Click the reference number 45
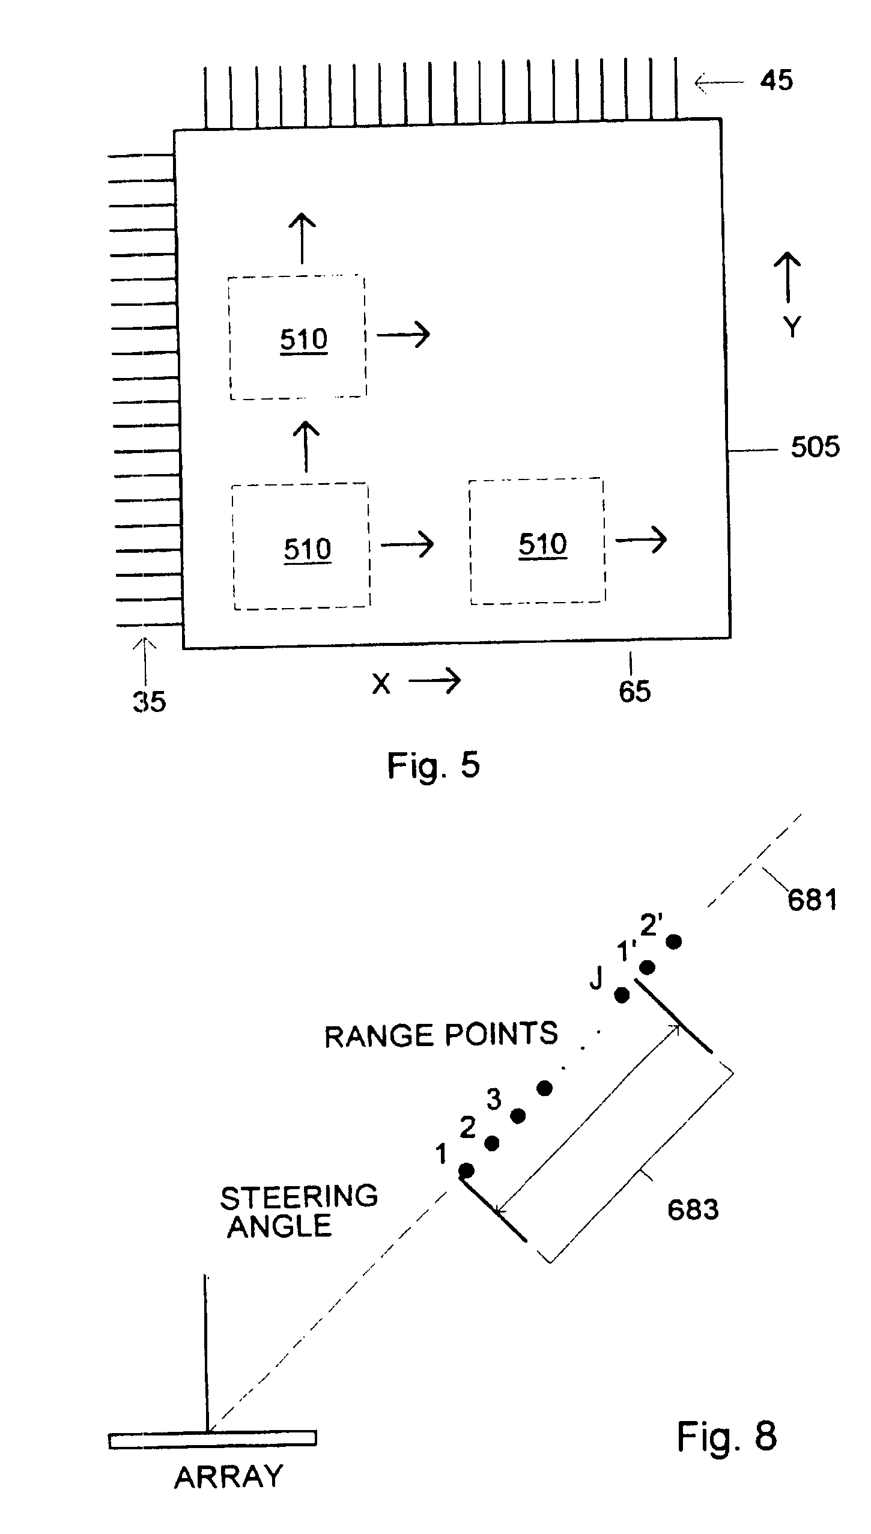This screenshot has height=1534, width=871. tap(776, 81)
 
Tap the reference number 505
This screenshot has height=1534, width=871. tap(815, 447)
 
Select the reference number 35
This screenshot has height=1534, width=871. tap(149, 701)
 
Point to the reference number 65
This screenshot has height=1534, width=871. tap(635, 692)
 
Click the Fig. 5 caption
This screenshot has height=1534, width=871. tap(433, 766)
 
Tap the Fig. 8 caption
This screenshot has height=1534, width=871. tap(727, 1436)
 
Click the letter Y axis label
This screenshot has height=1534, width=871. tap(792, 327)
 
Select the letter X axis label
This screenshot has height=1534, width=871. tap(381, 684)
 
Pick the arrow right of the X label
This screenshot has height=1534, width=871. tap(435, 681)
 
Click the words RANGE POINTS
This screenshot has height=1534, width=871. tap(441, 1035)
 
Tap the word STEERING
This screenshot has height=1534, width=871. tap(299, 1198)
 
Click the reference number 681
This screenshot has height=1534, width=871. tap(812, 900)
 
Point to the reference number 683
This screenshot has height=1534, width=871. tap(693, 1210)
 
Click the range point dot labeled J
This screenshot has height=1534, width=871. tap(622, 996)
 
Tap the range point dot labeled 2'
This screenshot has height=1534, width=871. tap(674, 942)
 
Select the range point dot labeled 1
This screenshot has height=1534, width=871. tap(466, 1170)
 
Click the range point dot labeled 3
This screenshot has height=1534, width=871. tap(518, 1116)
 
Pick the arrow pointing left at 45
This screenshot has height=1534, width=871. tap(718, 82)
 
